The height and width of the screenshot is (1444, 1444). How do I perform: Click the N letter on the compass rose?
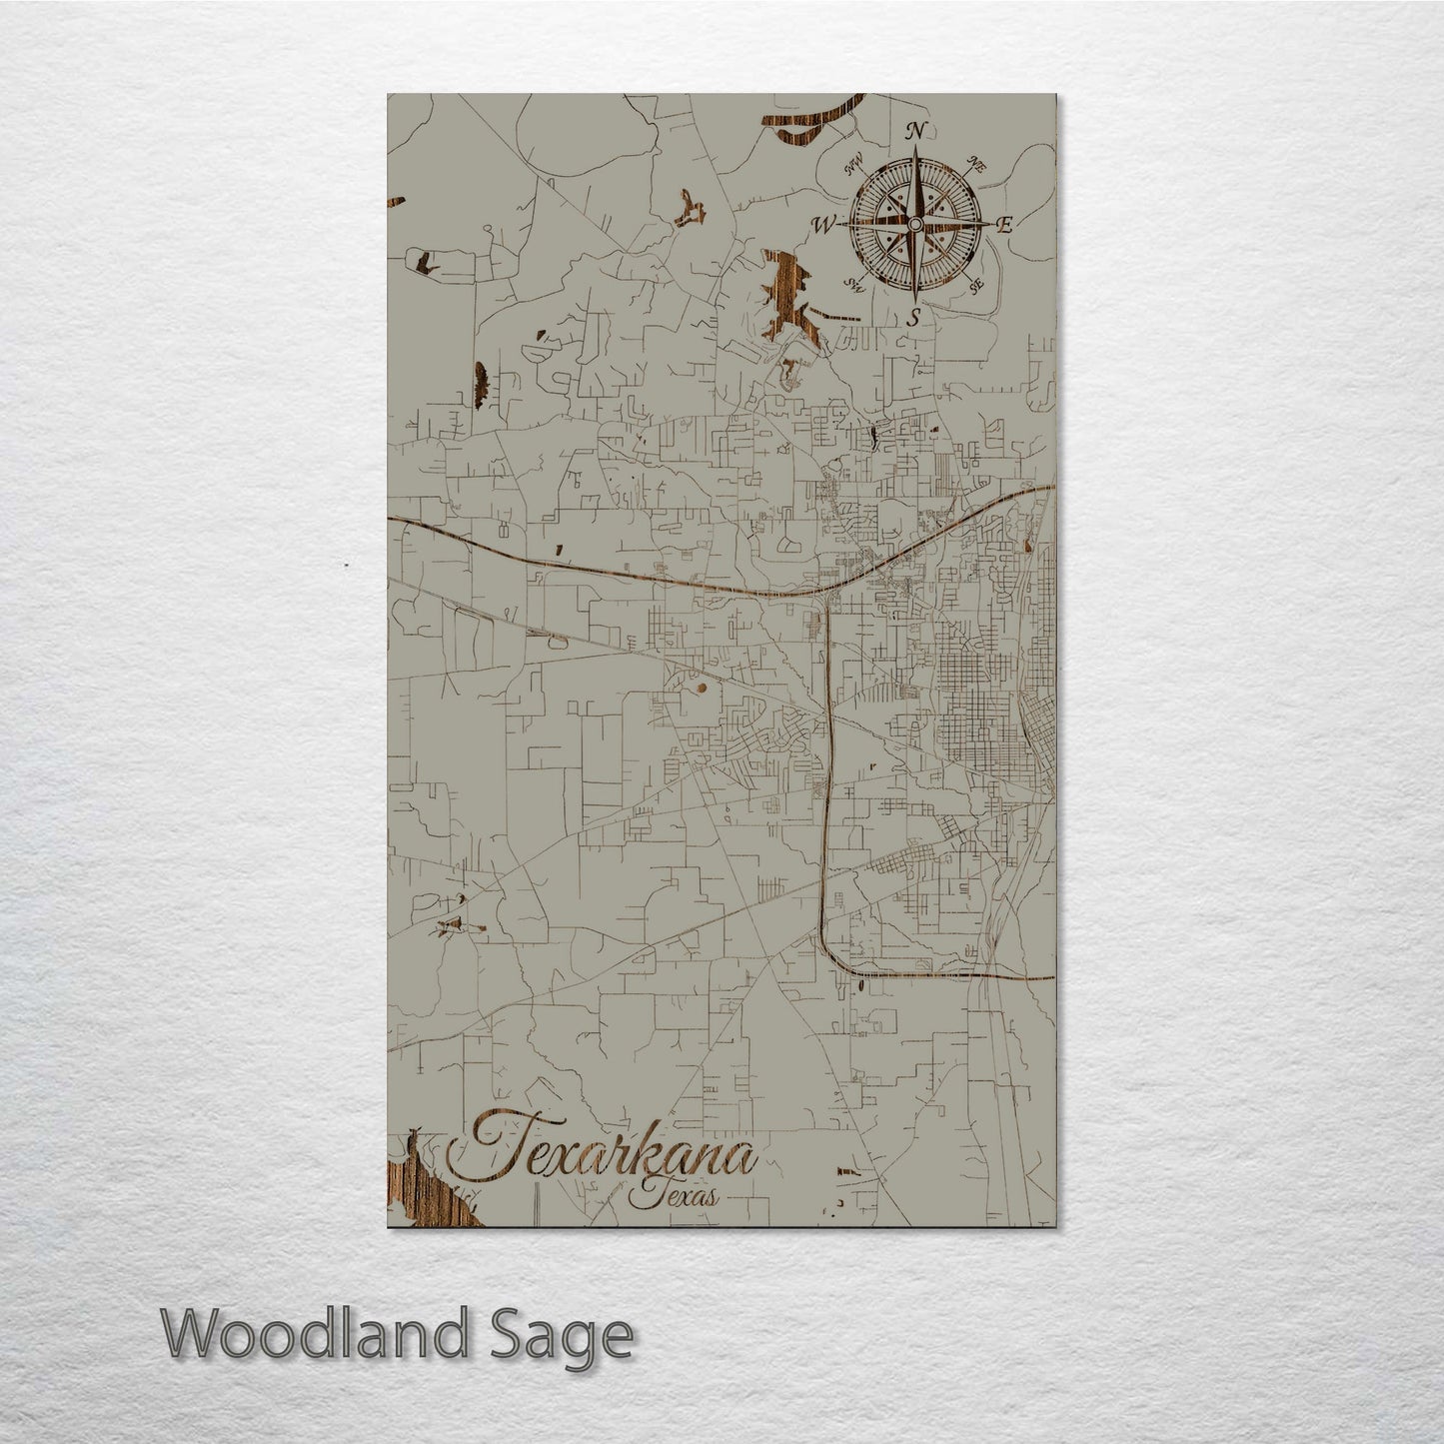913,130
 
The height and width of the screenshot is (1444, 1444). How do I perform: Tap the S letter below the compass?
912,319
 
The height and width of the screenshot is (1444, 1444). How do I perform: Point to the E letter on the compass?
1004,225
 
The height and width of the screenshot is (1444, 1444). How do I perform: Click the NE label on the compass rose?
976,166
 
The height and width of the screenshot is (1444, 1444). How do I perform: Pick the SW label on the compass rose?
854,285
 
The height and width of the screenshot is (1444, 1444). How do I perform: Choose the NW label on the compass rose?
853,167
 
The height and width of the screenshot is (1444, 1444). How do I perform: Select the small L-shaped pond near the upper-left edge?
428,264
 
